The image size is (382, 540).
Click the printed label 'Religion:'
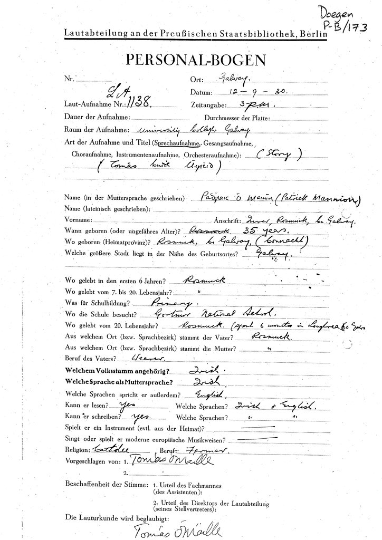tap(78, 450)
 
